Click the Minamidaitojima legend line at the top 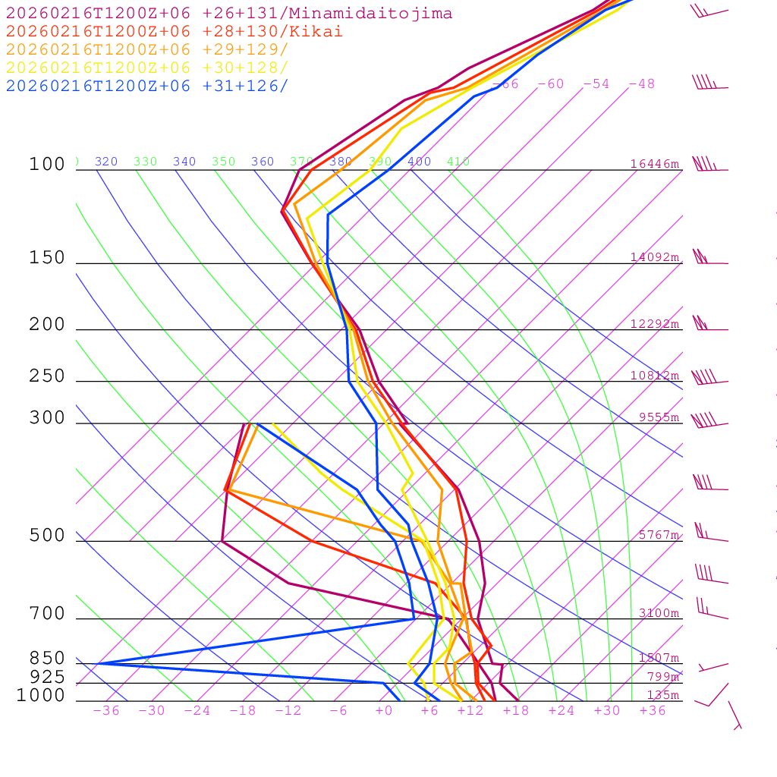[229, 14]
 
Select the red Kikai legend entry [174, 32]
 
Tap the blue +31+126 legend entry [147, 86]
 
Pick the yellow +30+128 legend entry [147, 68]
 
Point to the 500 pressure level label [47, 536]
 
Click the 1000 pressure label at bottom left [40, 696]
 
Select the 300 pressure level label [47, 418]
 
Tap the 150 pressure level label [47, 258]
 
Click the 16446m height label [655, 164]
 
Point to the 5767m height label [659, 535]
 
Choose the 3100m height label [659, 613]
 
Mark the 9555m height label [659, 417]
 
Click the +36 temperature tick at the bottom [653, 711]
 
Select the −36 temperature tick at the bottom [106, 711]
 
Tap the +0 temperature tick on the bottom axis [384, 711]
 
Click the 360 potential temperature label [263, 162]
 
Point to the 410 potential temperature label [458, 162]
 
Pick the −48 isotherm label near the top [641, 84]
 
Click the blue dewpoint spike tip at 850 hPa [100, 663]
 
